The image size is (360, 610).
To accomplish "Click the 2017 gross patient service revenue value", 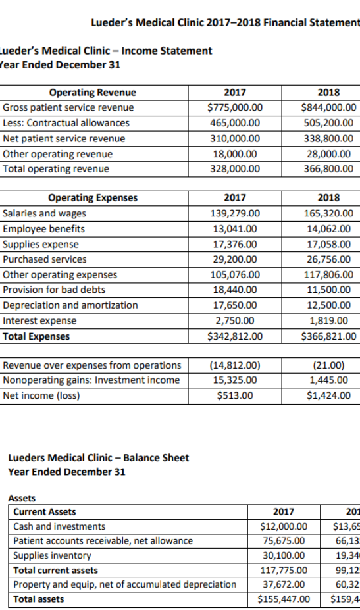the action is click(234, 107).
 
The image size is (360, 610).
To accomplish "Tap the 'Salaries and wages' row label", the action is click(45, 213).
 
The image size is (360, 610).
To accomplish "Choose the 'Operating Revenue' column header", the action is click(93, 92).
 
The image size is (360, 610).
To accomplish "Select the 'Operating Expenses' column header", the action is click(93, 197).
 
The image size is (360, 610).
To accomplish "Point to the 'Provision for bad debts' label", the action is click(54, 290).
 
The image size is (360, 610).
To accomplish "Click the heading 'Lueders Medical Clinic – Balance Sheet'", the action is click(98, 458).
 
